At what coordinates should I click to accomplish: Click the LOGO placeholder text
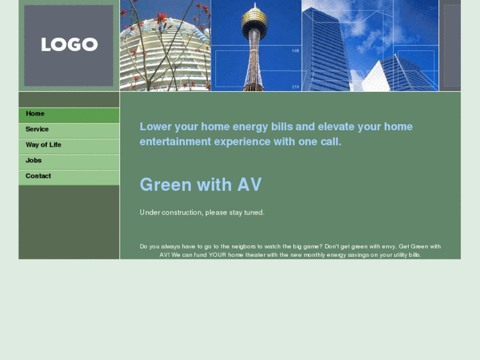coord(69,45)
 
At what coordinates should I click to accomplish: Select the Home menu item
coord(35,114)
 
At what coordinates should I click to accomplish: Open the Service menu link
coord(37,129)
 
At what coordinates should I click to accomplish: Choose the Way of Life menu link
coord(44,145)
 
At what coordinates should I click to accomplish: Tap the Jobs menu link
coord(34,161)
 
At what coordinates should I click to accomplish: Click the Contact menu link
coord(38,176)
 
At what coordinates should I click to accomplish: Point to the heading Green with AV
coord(201,185)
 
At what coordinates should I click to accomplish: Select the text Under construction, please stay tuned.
coord(202,213)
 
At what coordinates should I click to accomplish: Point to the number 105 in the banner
coord(295,50)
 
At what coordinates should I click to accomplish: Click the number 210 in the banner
coord(295,87)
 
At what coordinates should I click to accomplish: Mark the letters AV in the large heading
coord(250,185)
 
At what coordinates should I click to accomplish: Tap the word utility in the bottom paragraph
coord(397,255)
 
